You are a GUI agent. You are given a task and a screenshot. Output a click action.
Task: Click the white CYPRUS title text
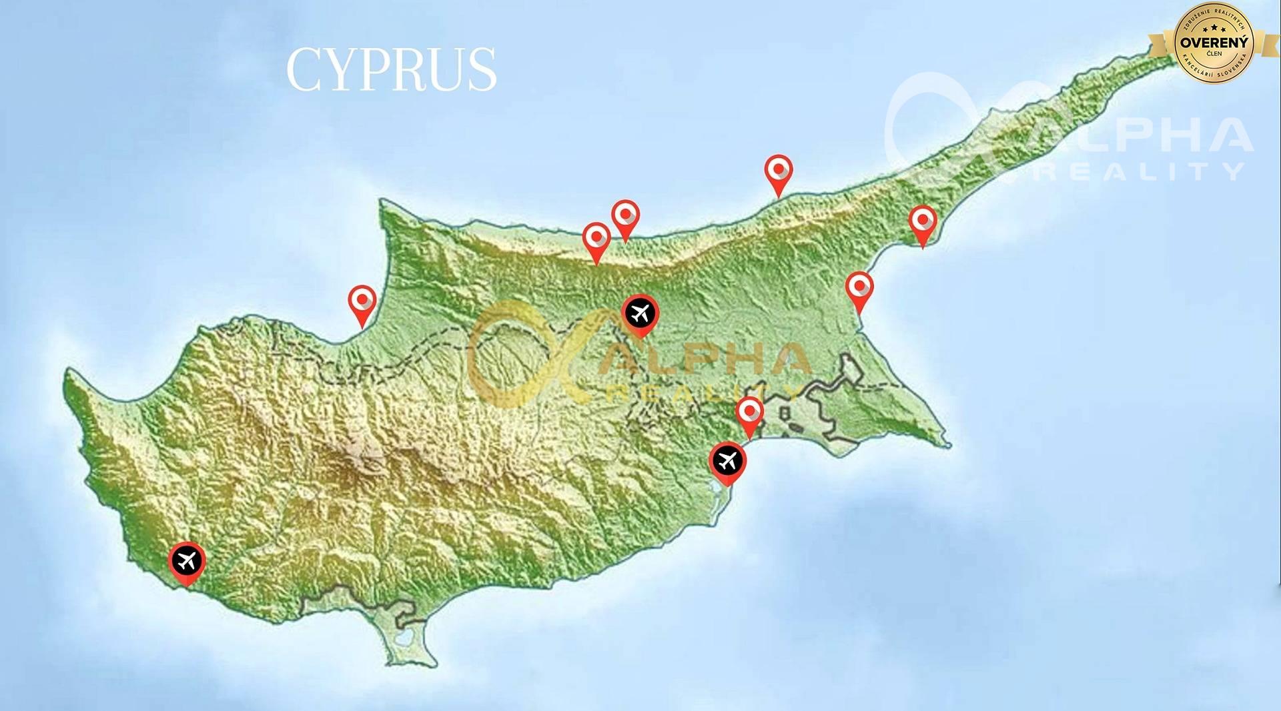(392, 69)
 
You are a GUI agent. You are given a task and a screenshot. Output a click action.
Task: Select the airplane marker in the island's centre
(640, 313)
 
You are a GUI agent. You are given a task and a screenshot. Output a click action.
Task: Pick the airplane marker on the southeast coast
(727, 461)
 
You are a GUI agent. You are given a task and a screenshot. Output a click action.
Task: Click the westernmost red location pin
(362, 301)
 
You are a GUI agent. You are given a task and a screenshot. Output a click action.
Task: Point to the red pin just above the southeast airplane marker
(750, 413)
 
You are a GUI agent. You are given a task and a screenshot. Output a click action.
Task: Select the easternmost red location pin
(923, 222)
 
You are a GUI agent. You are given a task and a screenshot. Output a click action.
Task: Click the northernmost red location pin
(779, 171)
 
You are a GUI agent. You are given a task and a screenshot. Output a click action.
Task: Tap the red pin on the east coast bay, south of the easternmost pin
(859, 288)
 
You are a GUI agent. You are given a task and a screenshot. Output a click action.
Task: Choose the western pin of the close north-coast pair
(596, 239)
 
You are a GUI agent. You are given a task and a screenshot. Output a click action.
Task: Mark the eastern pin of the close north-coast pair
(626, 216)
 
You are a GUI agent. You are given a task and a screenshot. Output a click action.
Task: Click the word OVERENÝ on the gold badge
(1214, 43)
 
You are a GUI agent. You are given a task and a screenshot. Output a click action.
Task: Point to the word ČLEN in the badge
(1214, 54)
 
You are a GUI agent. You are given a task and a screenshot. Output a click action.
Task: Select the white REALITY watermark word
(1141, 172)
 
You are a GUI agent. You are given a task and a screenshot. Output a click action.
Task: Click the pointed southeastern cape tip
(948, 444)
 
